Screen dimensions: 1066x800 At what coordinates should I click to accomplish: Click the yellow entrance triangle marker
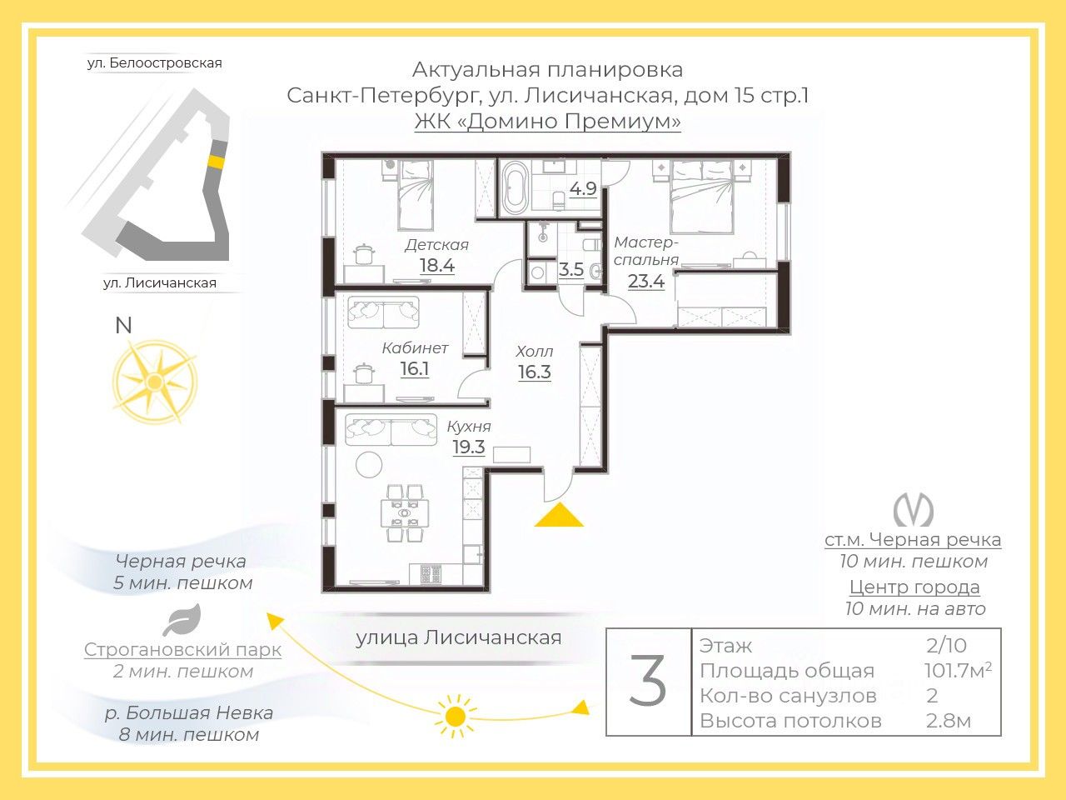(x=558, y=517)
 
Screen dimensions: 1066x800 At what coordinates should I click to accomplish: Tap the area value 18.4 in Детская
(x=436, y=266)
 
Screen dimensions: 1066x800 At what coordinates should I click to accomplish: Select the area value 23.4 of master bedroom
(x=645, y=282)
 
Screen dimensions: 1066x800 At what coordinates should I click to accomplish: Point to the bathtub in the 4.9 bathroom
(x=513, y=187)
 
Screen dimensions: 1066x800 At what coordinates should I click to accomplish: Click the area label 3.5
(x=570, y=270)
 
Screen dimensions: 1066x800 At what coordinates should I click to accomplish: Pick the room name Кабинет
(x=415, y=347)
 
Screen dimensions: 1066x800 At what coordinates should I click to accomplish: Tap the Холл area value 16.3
(x=534, y=372)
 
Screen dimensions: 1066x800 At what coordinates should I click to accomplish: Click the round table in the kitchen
(x=368, y=463)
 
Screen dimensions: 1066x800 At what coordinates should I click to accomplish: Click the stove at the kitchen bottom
(x=431, y=573)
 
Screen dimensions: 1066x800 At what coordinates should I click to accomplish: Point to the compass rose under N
(x=154, y=382)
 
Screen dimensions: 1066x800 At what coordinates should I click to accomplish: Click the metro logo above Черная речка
(x=913, y=510)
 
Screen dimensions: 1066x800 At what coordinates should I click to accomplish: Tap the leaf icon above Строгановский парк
(x=182, y=621)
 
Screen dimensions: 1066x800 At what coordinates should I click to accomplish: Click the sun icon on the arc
(x=455, y=715)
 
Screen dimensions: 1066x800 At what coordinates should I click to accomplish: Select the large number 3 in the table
(x=648, y=682)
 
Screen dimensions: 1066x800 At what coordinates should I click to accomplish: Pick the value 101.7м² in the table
(x=957, y=671)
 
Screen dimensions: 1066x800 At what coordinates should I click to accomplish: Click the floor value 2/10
(x=946, y=646)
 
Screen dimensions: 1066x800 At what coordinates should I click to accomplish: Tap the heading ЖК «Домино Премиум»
(x=547, y=122)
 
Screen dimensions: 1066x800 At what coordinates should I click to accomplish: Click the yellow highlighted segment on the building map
(x=216, y=162)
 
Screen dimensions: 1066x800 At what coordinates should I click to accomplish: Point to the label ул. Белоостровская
(x=154, y=63)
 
